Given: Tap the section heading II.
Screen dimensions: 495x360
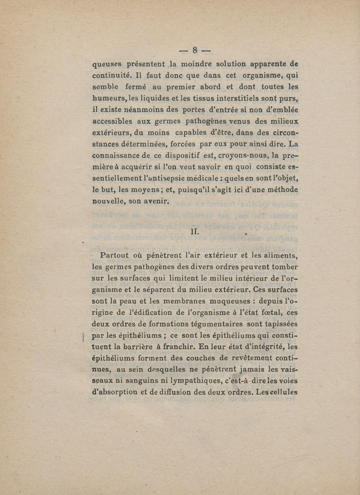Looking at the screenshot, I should click(x=195, y=232).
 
